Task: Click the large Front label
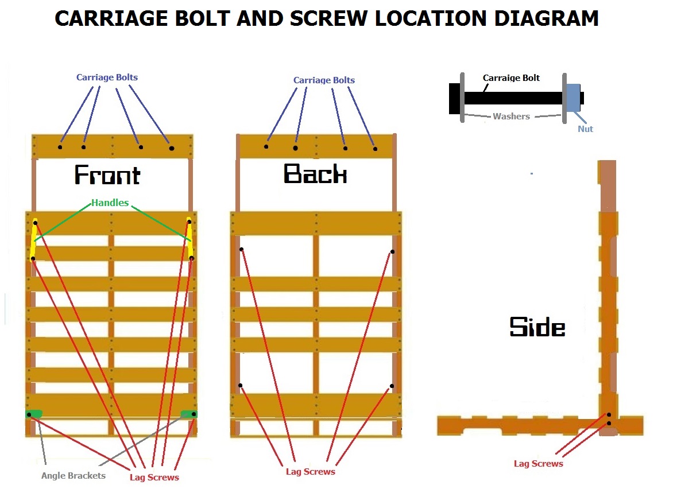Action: [107, 175]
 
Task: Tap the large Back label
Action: [315, 173]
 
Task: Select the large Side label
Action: [537, 327]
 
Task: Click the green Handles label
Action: [110, 203]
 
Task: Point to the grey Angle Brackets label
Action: [73, 475]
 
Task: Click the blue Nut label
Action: [585, 129]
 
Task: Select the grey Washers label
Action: [511, 117]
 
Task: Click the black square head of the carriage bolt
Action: [455, 98]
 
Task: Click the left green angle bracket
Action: [35, 413]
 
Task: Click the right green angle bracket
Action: [188, 413]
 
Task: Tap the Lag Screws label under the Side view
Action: [538, 463]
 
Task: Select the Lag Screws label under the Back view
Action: [310, 471]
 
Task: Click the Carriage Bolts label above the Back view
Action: [324, 80]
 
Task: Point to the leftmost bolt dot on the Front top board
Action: [60, 147]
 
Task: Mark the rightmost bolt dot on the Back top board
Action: [375, 149]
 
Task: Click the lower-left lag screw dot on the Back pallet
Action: [240, 385]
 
